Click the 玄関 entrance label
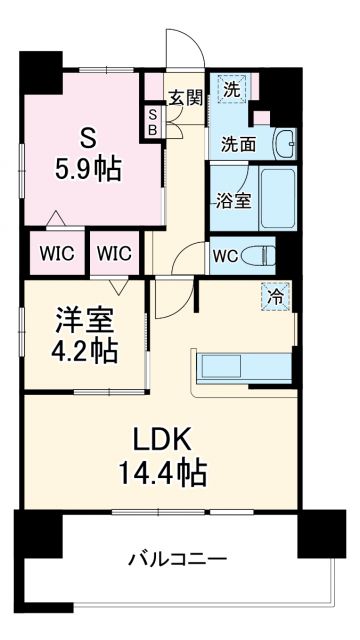[186, 97]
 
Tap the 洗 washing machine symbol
[232, 89]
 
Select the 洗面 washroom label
[239, 143]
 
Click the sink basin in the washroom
[283, 143]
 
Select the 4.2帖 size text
[84, 351]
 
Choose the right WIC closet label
[114, 253]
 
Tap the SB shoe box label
[153, 121]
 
